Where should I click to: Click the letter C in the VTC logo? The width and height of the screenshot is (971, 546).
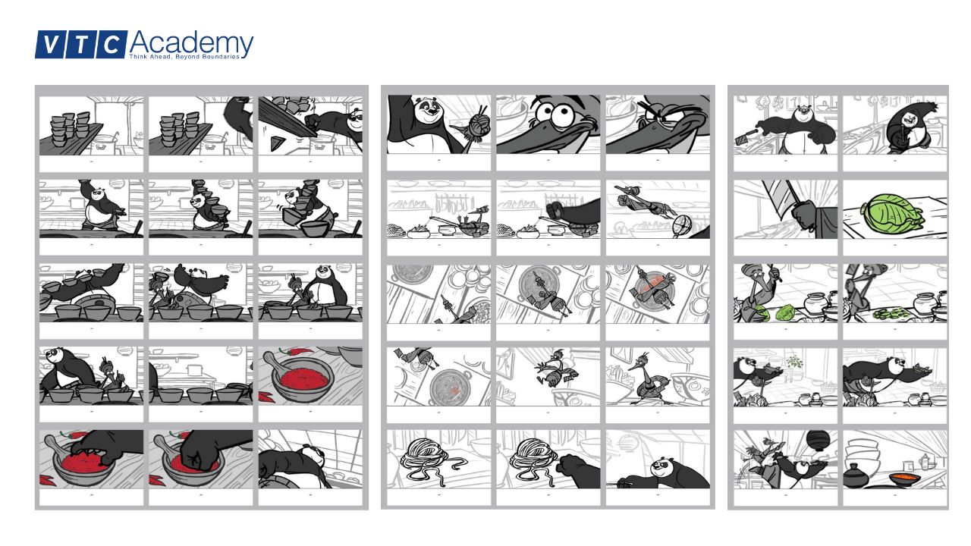click(112, 45)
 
